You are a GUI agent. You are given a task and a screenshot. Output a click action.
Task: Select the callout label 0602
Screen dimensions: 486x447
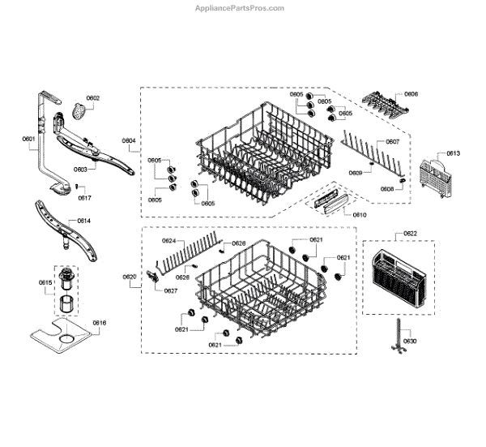click(x=92, y=98)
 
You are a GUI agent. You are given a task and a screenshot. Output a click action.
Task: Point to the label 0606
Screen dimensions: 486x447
click(x=411, y=95)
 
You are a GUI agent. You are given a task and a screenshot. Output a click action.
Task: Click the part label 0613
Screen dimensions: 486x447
click(x=453, y=153)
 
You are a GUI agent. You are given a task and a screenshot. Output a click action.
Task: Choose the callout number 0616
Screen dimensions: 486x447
click(x=99, y=323)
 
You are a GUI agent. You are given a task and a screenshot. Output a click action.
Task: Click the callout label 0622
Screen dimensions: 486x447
click(x=411, y=234)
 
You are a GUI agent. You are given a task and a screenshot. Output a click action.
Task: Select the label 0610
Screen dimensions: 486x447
click(x=360, y=214)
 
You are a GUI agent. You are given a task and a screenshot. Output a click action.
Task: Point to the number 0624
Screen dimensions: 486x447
click(x=169, y=241)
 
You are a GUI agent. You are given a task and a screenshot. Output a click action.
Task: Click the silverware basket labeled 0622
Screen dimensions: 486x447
click(x=396, y=279)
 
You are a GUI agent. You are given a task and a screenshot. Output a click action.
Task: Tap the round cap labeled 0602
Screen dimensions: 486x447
click(x=79, y=112)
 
